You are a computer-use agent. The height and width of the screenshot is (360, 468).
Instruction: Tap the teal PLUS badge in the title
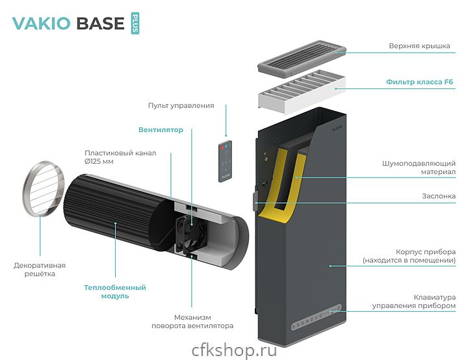click(x=135, y=23)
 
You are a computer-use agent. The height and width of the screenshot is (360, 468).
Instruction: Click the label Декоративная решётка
click(x=40, y=270)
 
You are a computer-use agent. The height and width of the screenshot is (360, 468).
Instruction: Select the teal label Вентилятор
click(x=161, y=130)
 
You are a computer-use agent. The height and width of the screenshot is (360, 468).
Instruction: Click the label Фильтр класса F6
click(x=419, y=83)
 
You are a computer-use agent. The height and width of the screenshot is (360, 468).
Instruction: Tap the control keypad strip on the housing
click(x=317, y=318)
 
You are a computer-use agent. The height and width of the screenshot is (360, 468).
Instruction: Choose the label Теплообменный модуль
click(x=115, y=291)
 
